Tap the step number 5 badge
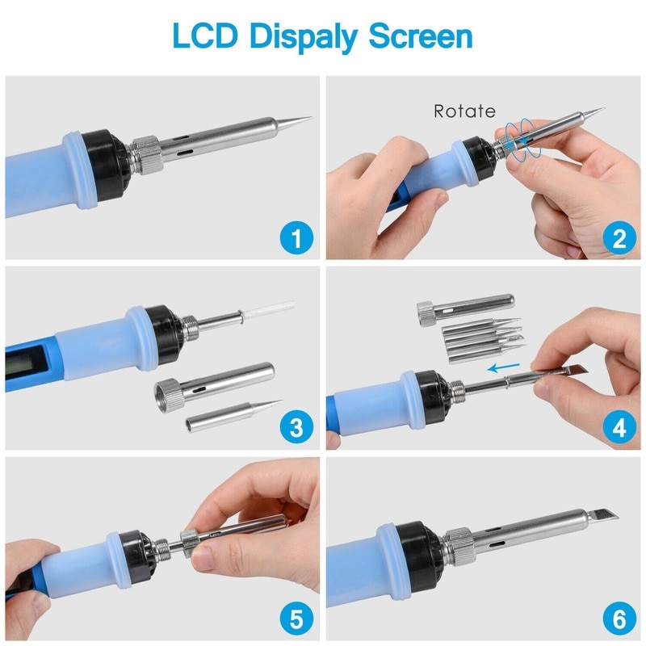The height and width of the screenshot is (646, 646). pyautogui.click(x=296, y=619)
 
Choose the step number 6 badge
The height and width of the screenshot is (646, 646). pyautogui.click(x=618, y=619)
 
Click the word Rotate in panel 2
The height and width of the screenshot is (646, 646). pyautogui.click(x=464, y=111)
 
